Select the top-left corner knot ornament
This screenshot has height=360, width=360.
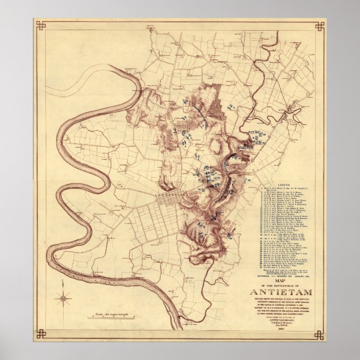tap(40, 26)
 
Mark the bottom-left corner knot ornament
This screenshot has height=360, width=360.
tap(40, 334)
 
